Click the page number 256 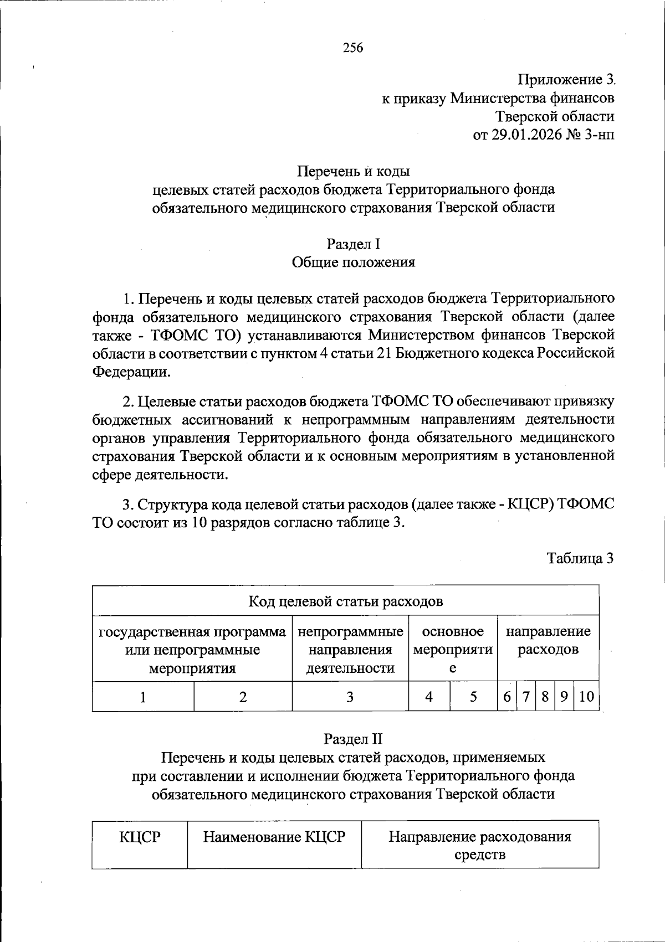[x=353, y=48]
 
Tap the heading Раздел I [x=353, y=244]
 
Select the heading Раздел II [x=353, y=739]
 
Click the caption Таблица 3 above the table [x=580, y=558]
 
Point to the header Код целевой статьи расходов [x=345, y=601]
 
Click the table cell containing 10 [x=586, y=697]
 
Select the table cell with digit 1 [x=143, y=697]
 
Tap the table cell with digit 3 [x=350, y=697]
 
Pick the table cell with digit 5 [x=473, y=697]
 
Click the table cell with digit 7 [x=525, y=697]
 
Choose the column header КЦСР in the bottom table [x=140, y=837]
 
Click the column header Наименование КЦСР [x=274, y=837]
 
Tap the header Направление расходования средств [x=480, y=845]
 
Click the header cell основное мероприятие [x=453, y=648]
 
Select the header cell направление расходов [x=548, y=640]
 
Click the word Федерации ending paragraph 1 [x=131, y=372]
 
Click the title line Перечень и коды [x=353, y=171]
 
